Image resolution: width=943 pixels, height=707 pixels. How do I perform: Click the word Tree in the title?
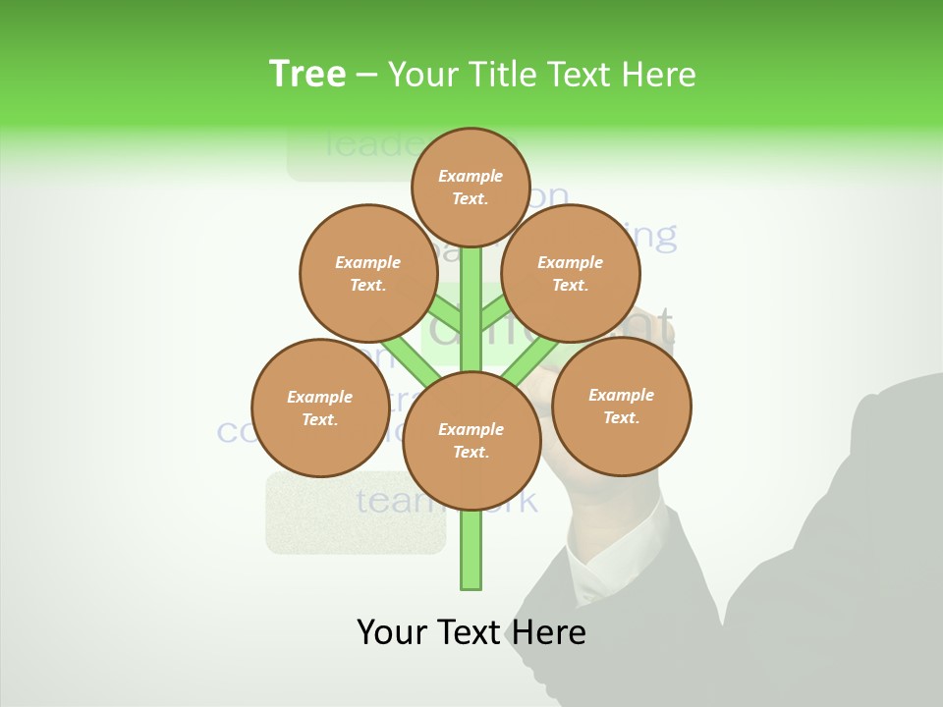(307, 75)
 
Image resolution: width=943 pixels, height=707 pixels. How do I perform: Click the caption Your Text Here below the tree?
(471, 632)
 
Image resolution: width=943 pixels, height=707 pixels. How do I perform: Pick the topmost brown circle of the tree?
(471, 187)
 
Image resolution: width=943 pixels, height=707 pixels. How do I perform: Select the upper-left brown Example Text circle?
(367, 273)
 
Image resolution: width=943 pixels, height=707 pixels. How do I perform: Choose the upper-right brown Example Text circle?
(570, 273)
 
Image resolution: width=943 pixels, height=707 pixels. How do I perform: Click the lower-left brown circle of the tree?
(319, 408)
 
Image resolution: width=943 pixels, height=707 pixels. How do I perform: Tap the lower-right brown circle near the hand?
(621, 406)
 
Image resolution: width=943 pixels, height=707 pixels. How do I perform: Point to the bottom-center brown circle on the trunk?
(471, 440)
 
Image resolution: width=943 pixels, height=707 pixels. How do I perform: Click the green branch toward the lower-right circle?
(529, 359)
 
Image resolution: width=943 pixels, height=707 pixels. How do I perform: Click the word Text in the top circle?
(469, 198)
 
